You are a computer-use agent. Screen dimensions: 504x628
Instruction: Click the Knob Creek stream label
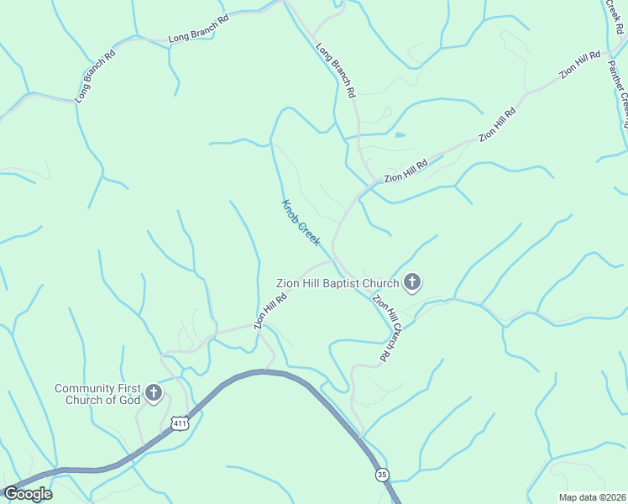tap(301, 223)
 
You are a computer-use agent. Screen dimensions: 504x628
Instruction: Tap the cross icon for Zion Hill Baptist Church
tap(411, 283)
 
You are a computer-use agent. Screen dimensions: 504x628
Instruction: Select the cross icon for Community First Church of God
tap(153, 392)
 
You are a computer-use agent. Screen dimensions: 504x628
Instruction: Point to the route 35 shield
tap(382, 475)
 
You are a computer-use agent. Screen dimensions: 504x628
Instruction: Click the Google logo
tap(28, 494)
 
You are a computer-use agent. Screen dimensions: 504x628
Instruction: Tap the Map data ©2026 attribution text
tap(591, 497)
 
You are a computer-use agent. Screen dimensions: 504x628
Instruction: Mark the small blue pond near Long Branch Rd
tap(399, 134)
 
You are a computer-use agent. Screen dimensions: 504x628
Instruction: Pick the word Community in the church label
tap(84, 388)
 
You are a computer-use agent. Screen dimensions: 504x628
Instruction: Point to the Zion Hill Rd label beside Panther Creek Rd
tap(580, 66)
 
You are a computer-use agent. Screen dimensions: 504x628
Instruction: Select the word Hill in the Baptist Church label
tap(317, 283)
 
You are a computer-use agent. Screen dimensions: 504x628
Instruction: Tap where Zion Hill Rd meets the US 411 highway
tap(267, 370)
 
